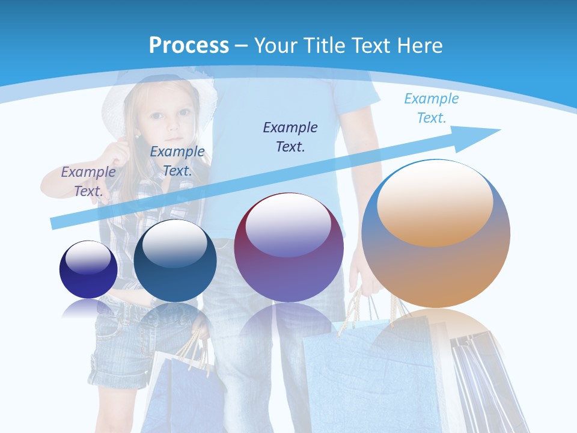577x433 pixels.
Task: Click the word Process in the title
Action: [189, 45]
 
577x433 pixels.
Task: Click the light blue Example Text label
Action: [431, 108]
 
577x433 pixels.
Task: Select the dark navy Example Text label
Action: [290, 137]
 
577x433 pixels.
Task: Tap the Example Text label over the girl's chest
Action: [177, 161]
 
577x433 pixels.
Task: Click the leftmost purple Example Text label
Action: [88, 181]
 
